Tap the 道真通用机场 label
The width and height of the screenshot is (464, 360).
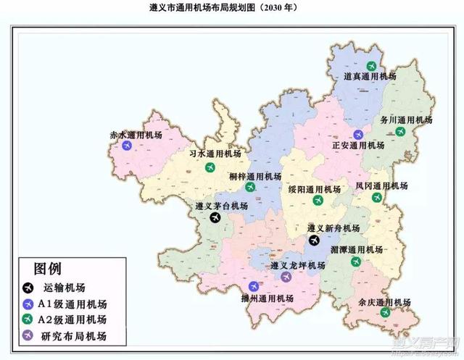(370, 76)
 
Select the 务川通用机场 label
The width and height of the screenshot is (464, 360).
(407, 120)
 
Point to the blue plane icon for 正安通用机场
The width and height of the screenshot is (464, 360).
(358, 134)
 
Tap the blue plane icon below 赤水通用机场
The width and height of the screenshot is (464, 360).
(127, 146)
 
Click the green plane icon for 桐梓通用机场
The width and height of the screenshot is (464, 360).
(250, 187)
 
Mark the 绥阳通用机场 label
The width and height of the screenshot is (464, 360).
(313, 189)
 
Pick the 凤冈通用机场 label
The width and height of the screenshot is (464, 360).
(381, 186)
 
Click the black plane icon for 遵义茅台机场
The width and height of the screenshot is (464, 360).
(215, 217)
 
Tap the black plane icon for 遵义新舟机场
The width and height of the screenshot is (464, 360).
(314, 239)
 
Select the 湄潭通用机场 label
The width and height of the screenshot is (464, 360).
(356, 250)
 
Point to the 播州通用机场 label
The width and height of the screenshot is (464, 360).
(266, 298)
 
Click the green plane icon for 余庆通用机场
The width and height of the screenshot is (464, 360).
(386, 312)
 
